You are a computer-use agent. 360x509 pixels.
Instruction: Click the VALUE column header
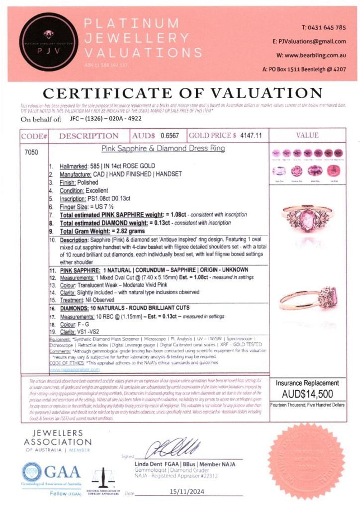(308, 135)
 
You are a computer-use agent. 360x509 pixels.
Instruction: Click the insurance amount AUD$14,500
(307, 393)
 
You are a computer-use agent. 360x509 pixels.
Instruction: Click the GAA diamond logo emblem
(31, 473)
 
